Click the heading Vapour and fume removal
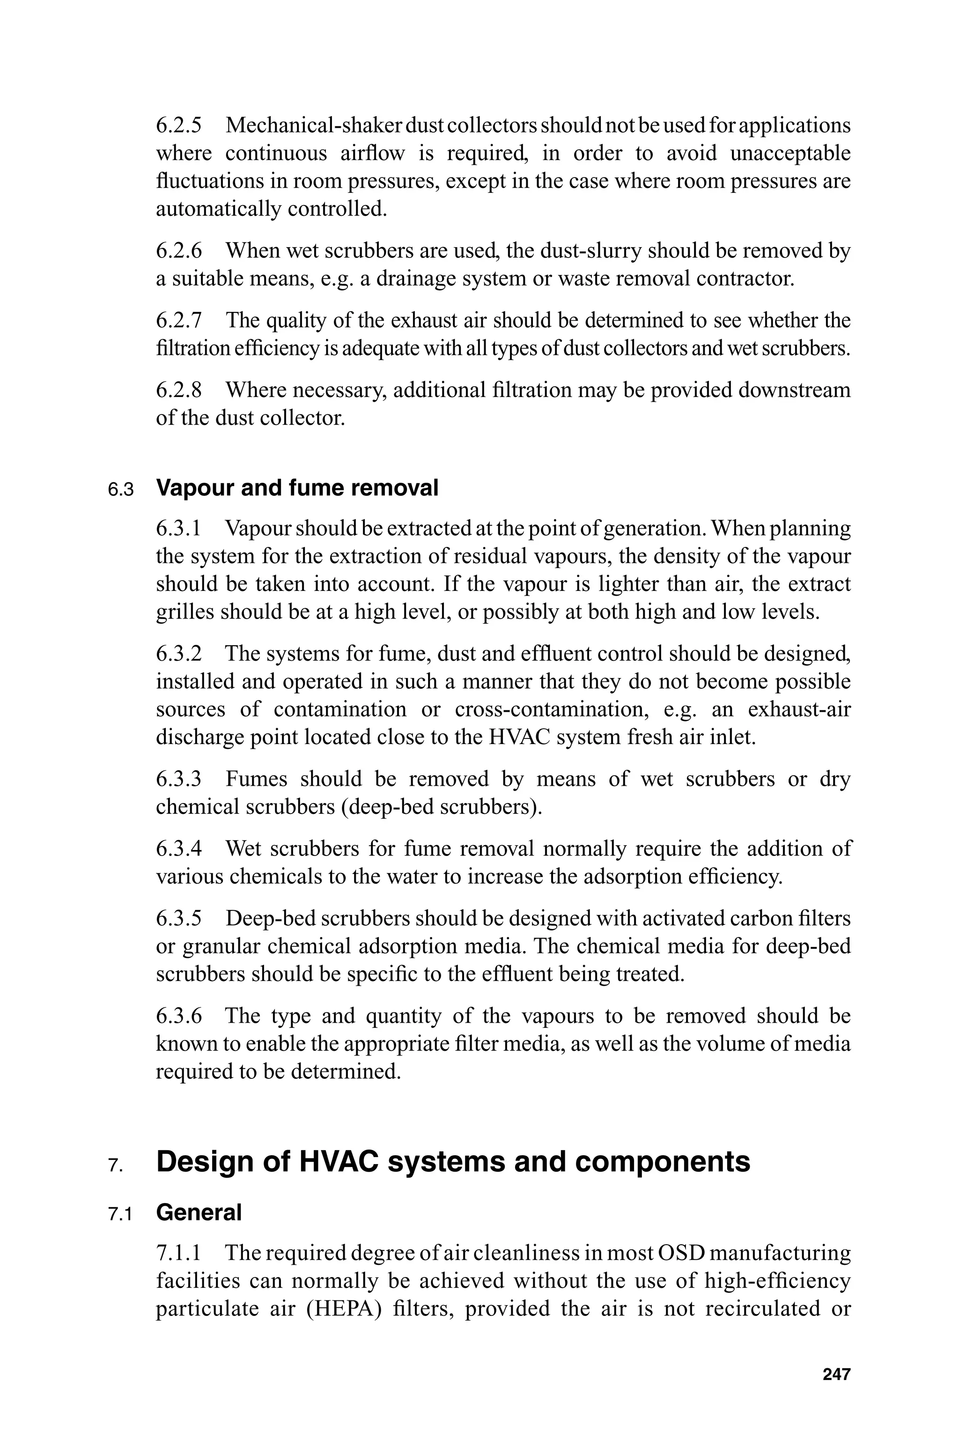pos(297,488)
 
